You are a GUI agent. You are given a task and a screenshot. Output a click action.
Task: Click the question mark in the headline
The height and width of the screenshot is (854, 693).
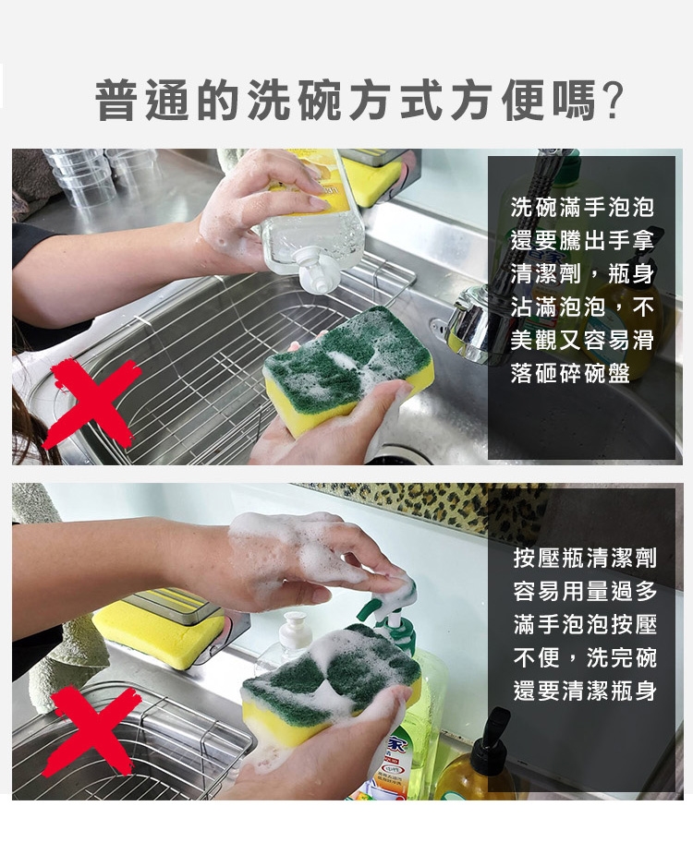613,101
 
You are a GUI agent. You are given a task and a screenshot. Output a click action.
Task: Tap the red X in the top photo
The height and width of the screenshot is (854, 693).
92,403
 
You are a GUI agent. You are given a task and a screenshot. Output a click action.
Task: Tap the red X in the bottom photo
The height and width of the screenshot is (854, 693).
92,729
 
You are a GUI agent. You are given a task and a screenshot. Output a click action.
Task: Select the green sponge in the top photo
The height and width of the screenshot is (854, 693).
349,369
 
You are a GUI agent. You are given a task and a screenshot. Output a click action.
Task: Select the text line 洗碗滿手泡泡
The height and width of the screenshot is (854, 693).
582,207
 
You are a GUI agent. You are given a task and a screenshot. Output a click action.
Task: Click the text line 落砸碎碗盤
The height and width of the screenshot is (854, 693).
570,374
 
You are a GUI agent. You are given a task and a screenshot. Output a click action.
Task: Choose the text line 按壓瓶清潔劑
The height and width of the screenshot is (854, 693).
585,558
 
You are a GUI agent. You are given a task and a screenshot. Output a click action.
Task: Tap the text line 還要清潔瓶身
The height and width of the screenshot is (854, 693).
585,691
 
